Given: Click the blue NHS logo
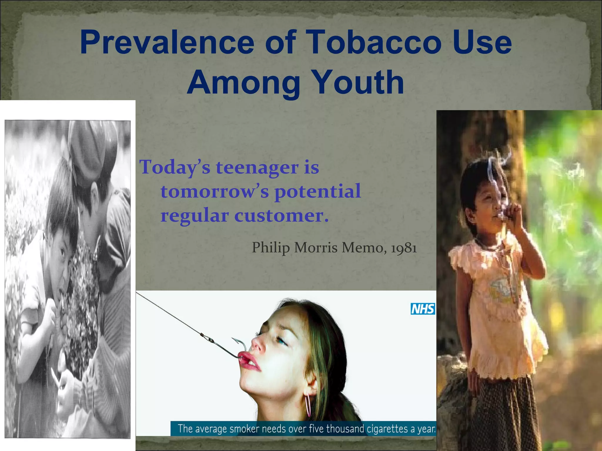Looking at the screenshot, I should tap(423, 309).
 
